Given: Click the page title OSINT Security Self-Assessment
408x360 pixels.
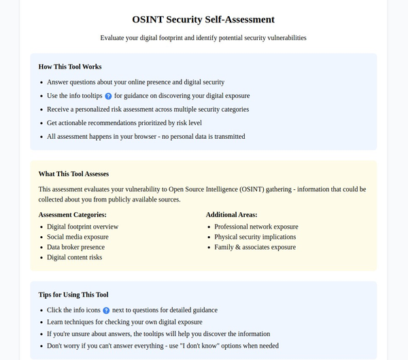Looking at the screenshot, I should (203, 19).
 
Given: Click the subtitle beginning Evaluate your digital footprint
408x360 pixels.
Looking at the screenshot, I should (203, 37).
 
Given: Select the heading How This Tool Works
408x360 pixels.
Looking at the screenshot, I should (70, 67).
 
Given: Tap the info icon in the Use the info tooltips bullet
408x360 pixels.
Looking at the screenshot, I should (108, 96).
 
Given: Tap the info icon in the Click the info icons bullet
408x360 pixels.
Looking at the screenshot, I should (106, 310).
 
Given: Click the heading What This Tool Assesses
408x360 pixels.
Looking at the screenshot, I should (73, 174).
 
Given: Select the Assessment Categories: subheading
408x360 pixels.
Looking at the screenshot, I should (72, 214).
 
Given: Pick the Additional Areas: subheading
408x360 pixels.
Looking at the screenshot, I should (231, 214).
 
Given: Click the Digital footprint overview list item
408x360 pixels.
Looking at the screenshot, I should (82, 227).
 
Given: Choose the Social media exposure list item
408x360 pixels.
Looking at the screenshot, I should (78, 237).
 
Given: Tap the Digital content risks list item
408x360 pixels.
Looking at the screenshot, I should (74, 257).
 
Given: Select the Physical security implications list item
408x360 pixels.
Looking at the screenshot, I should (255, 237).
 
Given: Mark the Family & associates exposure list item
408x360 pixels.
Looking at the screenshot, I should (254, 247).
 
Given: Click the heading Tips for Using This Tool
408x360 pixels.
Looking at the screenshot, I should (73, 295).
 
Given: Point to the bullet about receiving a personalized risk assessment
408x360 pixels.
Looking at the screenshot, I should (148, 109).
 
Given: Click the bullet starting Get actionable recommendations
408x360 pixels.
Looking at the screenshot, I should (124, 122).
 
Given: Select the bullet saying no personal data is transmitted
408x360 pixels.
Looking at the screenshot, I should (146, 136).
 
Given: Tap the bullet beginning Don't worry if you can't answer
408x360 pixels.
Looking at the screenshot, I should (163, 345).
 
